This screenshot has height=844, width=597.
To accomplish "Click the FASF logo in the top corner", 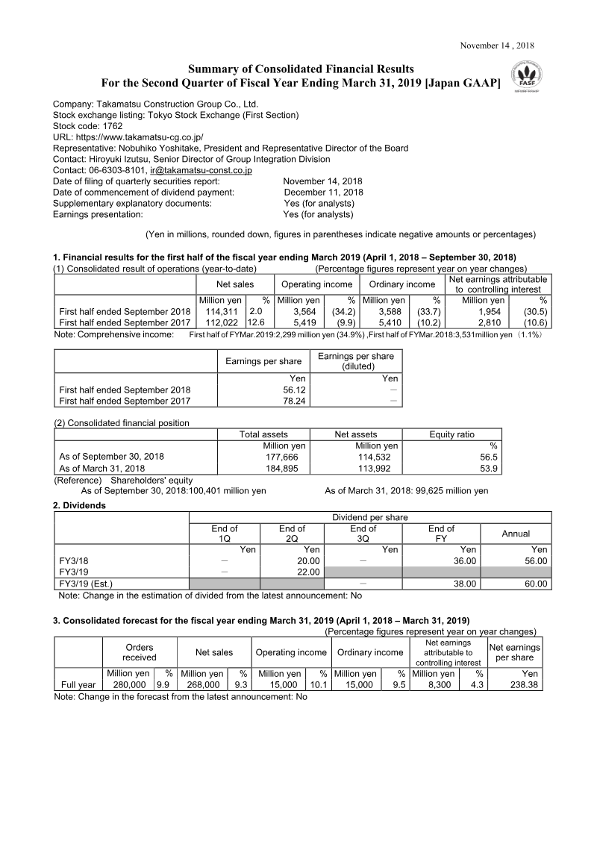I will (x=528, y=78).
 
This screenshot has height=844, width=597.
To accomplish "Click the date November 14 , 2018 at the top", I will (x=497, y=45).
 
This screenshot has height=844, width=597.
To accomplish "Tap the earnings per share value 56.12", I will (x=296, y=390).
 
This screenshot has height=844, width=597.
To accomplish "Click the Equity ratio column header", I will (x=451, y=434).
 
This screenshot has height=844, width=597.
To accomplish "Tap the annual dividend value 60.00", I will (x=534, y=584).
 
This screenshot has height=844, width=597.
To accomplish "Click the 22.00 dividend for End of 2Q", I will (x=308, y=572).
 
